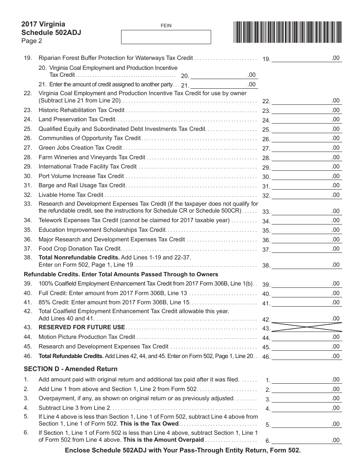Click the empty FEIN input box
166,37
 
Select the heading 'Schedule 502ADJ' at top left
51,33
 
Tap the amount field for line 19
307,58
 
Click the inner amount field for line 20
224,75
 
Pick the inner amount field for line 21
224,85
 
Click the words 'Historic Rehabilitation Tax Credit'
82,110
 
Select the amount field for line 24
307,120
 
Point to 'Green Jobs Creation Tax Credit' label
80,148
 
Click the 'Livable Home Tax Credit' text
71,195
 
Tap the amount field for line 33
307,211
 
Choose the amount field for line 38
307,265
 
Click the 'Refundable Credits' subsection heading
121,274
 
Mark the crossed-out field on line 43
307,327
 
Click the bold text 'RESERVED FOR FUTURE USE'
82,327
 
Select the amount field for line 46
307,356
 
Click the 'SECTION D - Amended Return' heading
71,369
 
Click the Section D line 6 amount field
307,440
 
